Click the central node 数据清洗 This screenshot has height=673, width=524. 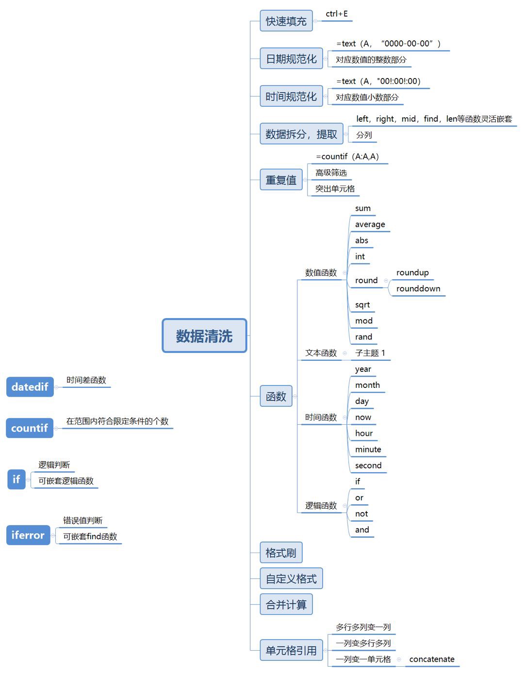pos(204,336)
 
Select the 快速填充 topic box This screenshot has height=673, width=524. pos(286,21)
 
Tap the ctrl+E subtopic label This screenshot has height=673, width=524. pos(337,14)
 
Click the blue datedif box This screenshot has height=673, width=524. pos(30,387)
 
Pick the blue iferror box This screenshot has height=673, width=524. pos(28,535)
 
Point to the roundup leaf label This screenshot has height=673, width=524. pos(412,272)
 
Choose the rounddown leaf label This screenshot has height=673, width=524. pos(418,288)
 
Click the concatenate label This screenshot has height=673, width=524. pos(432,659)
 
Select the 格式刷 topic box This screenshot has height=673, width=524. pos(281,552)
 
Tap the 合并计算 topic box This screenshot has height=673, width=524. pos(286,604)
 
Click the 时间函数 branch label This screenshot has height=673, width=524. pos(321,417)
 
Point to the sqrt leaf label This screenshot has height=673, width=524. pos(362,304)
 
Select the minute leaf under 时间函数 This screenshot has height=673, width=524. pos(368,449)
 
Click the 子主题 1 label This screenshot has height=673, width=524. pos(370,353)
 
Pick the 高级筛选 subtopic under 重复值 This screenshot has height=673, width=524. pos(331,173)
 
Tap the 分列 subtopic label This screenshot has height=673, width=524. pos(364,135)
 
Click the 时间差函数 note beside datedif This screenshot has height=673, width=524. pos(86,380)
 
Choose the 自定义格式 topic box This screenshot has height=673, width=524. pos(291,578)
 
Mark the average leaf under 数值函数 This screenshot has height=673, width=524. pos(370,224)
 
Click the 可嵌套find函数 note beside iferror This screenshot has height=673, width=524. pos(90,536)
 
